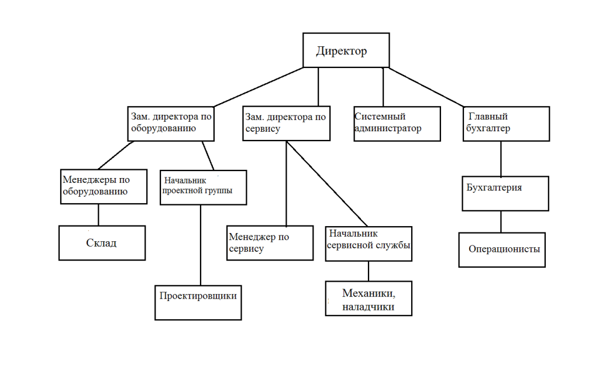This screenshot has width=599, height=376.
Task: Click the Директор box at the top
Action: click(346, 50)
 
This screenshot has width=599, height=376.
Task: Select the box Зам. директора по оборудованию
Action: click(171, 123)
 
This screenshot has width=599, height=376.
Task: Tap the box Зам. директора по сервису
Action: click(286, 123)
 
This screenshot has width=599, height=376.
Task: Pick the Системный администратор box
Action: click(397, 123)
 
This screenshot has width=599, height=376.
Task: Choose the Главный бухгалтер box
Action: click(507, 123)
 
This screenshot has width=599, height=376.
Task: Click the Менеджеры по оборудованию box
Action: click(104, 186)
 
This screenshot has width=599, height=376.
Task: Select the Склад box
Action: click(102, 242)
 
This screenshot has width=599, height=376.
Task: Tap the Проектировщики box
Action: click(198, 302)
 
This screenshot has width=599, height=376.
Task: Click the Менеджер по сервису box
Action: click(270, 242)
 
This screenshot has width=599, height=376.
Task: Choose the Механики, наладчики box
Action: click(369, 299)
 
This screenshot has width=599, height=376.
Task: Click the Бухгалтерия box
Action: click(505, 193)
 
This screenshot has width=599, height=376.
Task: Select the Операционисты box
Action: click(503, 249)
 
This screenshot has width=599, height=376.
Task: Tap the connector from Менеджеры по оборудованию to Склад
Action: click(98, 214)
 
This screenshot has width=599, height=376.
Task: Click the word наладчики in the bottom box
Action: click(369, 306)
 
